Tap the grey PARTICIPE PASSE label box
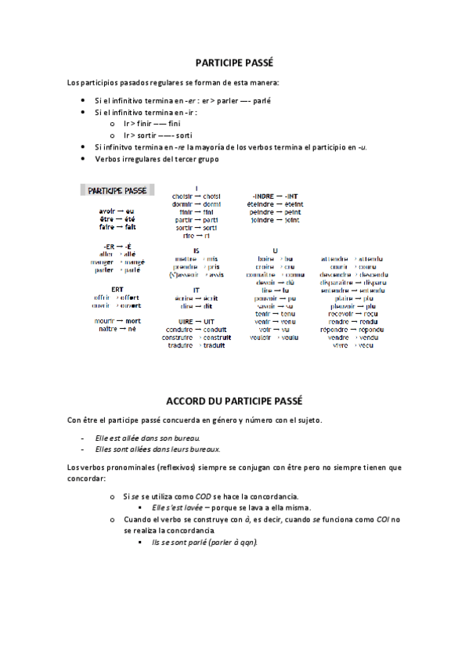[x=117, y=190]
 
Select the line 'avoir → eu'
[x=117, y=211]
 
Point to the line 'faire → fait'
[x=117, y=227]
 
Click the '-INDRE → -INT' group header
[x=275, y=196]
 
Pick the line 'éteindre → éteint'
[x=275, y=204]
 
